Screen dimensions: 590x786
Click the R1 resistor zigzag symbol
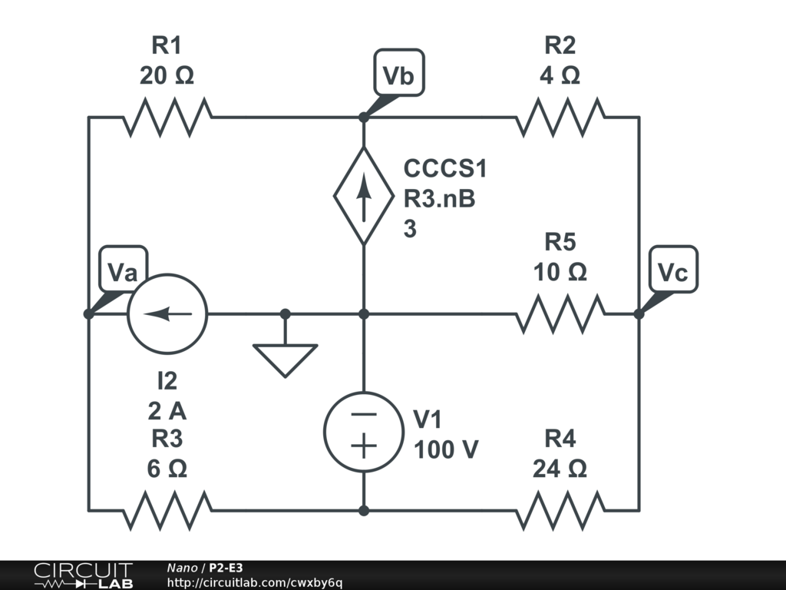tap(167, 118)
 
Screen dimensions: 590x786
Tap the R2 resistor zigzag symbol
tap(560, 118)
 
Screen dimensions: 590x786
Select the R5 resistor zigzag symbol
tap(560, 314)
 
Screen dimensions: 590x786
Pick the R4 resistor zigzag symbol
tap(560, 509)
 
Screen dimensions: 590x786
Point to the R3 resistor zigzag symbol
tap(167, 509)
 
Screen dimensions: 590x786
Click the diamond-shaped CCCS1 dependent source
tap(364, 196)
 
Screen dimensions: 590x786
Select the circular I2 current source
tap(167, 313)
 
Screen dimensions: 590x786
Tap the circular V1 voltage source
tap(364, 431)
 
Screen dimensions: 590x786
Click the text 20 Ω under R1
tap(167, 76)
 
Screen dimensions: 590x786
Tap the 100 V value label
tap(447, 449)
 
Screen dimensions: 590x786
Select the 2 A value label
tap(167, 411)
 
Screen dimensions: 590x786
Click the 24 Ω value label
tap(560, 469)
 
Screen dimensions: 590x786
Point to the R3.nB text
tap(440, 199)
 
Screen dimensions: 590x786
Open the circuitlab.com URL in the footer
tap(254, 582)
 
